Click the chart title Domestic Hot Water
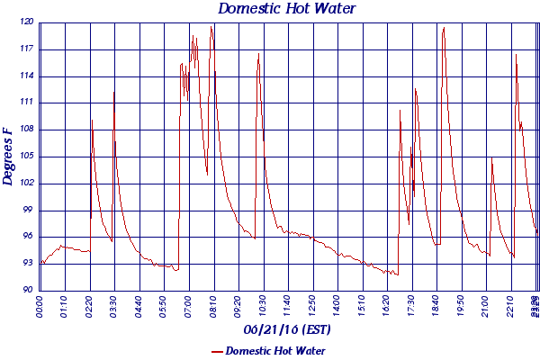(x=287, y=9)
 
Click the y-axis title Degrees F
(x=8, y=156)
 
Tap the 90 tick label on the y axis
(x=28, y=290)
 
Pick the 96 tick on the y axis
(x=28, y=237)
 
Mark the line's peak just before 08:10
(x=211, y=26)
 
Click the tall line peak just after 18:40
(x=444, y=28)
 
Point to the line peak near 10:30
(x=258, y=54)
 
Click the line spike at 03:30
(x=114, y=91)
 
